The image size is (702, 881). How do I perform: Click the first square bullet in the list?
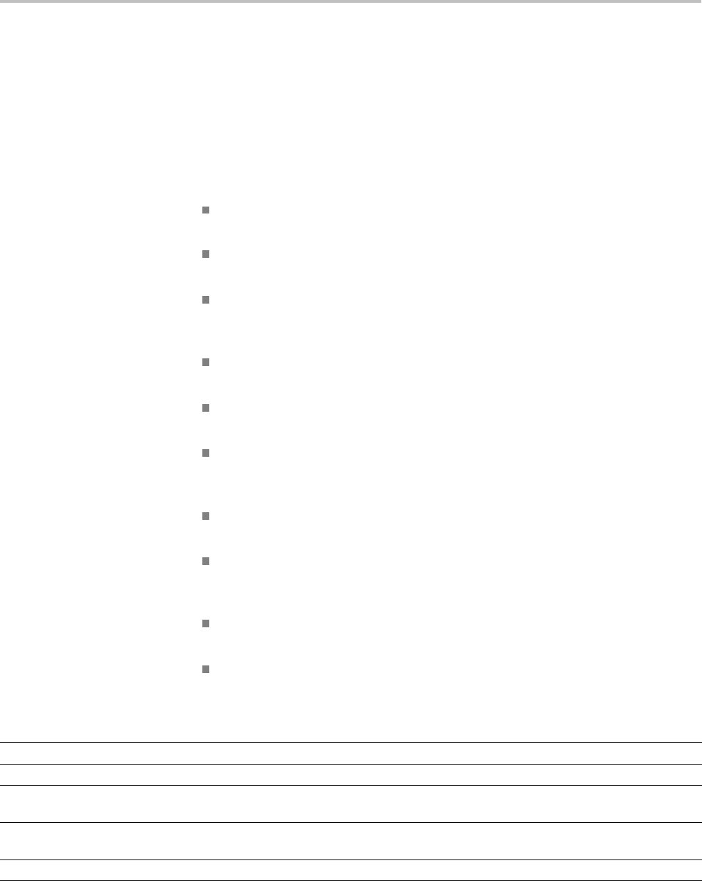[x=205, y=209]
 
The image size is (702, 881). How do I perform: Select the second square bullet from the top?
[x=205, y=254]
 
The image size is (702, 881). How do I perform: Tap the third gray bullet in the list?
[x=205, y=300]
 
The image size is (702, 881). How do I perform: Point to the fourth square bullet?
[x=205, y=362]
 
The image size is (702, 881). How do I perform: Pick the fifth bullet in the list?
[x=205, y=408]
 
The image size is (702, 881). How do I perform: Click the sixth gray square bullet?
[x=205, y=453]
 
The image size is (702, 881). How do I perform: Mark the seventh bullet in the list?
[x=205, y=516]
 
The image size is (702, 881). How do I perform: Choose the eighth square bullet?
[x=205, y=561]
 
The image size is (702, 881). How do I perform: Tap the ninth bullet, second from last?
[x=205, y=623]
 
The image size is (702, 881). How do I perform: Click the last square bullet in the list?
[x=205, y=669]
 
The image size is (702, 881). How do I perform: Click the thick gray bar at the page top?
[x=351, y=1]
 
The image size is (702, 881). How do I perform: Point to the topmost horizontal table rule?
[x=351, y=743]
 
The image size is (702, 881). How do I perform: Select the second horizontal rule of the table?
[x=351, y=764]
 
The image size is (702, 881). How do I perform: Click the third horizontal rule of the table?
[x=351, y=785]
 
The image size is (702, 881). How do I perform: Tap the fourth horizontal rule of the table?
[x=351, y=823]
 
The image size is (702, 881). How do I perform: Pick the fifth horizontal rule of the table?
[x=351, y=860]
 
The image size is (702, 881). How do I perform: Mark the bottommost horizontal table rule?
[x=351, y=880]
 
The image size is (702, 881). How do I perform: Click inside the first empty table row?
[x=351, y=753]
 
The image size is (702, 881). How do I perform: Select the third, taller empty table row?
[x=351, y=804]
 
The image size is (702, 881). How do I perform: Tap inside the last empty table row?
[x=351, y=871]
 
